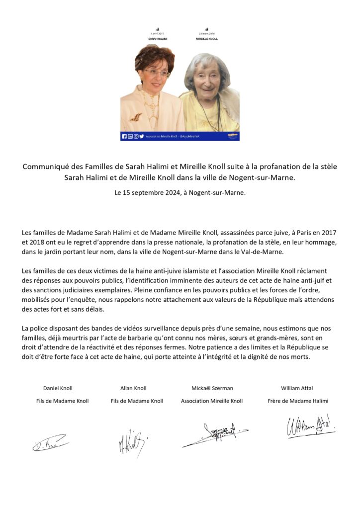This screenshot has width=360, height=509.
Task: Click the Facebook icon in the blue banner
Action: pyautogui.click(x=124, y=136)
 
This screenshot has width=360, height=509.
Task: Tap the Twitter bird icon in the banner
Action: pyautogui.click(x=142, y=136)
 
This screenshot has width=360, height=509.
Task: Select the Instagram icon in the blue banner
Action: pyautogui.click(x=136, y=136)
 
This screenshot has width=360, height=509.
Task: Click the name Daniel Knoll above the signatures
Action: pyautogui.click(x=58, y=388)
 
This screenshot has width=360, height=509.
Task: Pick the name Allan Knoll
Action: pyautogui.click(x=133, y=388)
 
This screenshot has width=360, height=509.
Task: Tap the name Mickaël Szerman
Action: pyautogui.click(x=212, y=388)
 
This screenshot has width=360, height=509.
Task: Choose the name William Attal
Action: pyautogui.click(x=297, y=388)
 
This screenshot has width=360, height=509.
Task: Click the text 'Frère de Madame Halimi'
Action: pyautogui.click(x=297, y=401)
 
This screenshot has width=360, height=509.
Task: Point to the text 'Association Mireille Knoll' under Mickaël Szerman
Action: pyautogui.click(x=212, y=401)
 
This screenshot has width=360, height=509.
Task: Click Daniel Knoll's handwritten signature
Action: pyautogui.click(x=50, y=442)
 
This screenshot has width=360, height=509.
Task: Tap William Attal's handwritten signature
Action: pyautogui.click(x=310, y=427)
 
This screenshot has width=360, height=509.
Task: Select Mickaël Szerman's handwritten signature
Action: pyautogui.click(x=214, y=433)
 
